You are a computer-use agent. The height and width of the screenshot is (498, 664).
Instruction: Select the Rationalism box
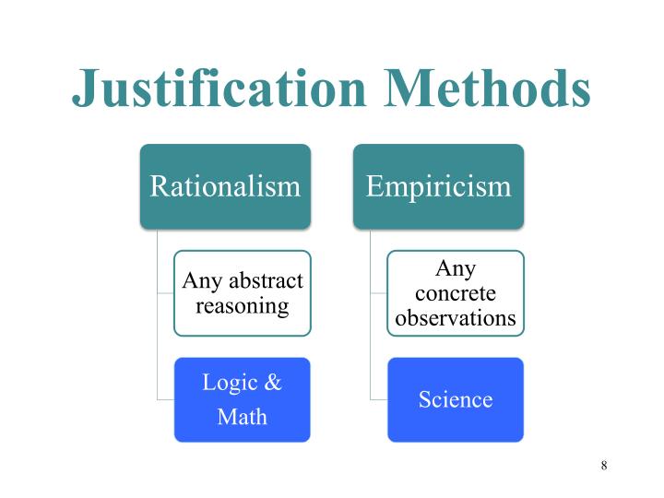click(x=225, y=186)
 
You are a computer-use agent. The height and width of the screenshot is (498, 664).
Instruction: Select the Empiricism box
click(x=438, y=186)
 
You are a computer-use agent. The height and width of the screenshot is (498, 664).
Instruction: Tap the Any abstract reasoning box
click(x=243, y=292)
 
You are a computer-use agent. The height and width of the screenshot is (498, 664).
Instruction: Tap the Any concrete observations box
click(x=455, y=292)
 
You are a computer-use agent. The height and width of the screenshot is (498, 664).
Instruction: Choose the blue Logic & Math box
click(x=243, y=399)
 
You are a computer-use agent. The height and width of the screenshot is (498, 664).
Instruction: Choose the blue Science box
click(x=455, y=399)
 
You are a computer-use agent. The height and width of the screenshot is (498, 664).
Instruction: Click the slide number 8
click(x=604, y=465)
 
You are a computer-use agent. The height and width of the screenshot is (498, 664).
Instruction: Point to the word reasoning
click(x=243, y=305)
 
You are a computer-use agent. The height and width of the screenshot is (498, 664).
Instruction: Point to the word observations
click(x=455, y=318)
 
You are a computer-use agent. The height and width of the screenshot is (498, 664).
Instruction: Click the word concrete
click(x=455, y=293)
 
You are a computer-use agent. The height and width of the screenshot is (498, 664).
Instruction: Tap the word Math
click(x=243, y=416)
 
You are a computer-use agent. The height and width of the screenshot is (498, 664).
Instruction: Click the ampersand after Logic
click(x=272, y=383)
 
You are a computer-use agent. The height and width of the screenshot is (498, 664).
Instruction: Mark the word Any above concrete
click(x=455, y=268)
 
